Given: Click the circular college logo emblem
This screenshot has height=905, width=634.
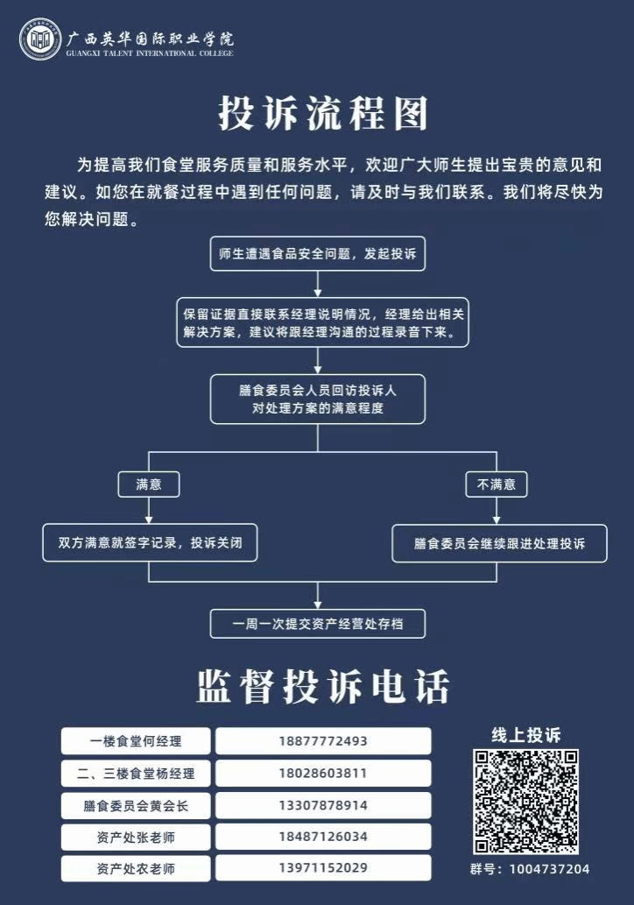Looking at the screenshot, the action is point(39,39).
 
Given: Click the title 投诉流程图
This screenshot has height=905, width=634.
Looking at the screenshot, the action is point(323,113).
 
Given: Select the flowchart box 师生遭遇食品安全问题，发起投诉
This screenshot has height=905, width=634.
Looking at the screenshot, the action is point(317,253).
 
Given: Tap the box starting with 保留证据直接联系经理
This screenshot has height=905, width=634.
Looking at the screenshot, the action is point(322,322).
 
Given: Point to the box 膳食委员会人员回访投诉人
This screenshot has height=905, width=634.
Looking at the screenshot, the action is point(317,399).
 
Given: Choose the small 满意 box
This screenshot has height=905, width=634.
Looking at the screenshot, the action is point(149,484).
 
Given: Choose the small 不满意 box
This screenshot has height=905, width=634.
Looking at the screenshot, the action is point(497,484).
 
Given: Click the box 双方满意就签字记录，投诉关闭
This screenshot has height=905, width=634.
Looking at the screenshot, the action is point(150,542).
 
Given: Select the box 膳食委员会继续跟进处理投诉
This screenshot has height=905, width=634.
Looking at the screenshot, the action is point(500,543).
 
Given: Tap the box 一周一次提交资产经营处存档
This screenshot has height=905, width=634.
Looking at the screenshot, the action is point(317,624).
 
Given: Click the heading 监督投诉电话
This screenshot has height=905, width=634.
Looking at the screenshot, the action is point(323,687).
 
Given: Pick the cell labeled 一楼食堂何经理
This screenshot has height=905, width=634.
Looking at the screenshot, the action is point(136,741).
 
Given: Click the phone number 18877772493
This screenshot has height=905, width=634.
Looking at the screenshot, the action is point(323,741).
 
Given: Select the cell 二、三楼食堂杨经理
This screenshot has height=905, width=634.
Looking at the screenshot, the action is point(136,774).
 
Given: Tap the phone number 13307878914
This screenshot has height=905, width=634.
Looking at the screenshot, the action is point(323,805).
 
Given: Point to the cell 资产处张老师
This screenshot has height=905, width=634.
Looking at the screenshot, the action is point(136,837).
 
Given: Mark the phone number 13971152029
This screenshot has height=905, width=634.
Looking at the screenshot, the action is point(323,867).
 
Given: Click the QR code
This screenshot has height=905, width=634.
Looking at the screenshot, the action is point(525,802).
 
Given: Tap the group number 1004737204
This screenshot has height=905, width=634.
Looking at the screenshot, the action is point(550,869).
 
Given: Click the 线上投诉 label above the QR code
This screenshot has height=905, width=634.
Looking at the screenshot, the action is point(525,735).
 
